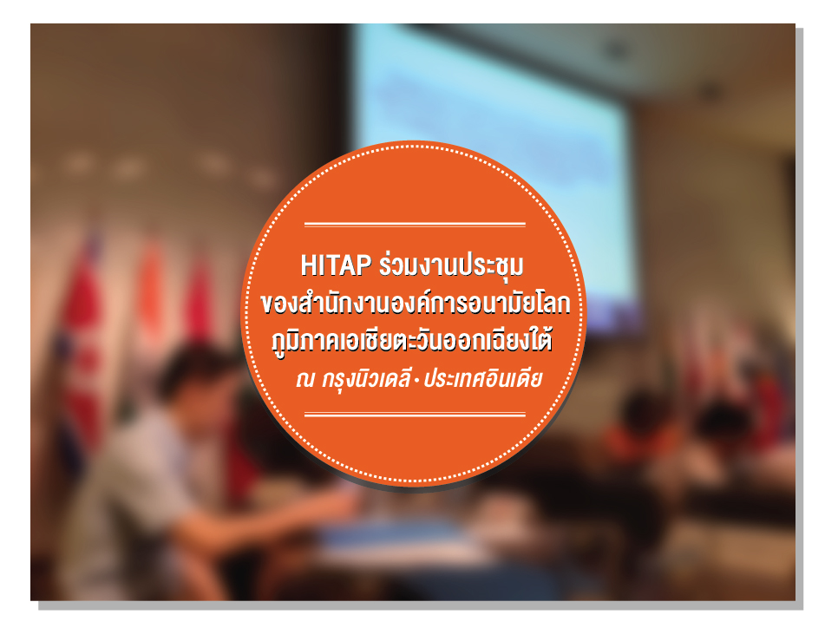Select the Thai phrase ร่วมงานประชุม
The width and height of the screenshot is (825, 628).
(453, 263)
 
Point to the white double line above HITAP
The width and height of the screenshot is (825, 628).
(415, 225)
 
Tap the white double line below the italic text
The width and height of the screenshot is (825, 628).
(415, 415)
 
